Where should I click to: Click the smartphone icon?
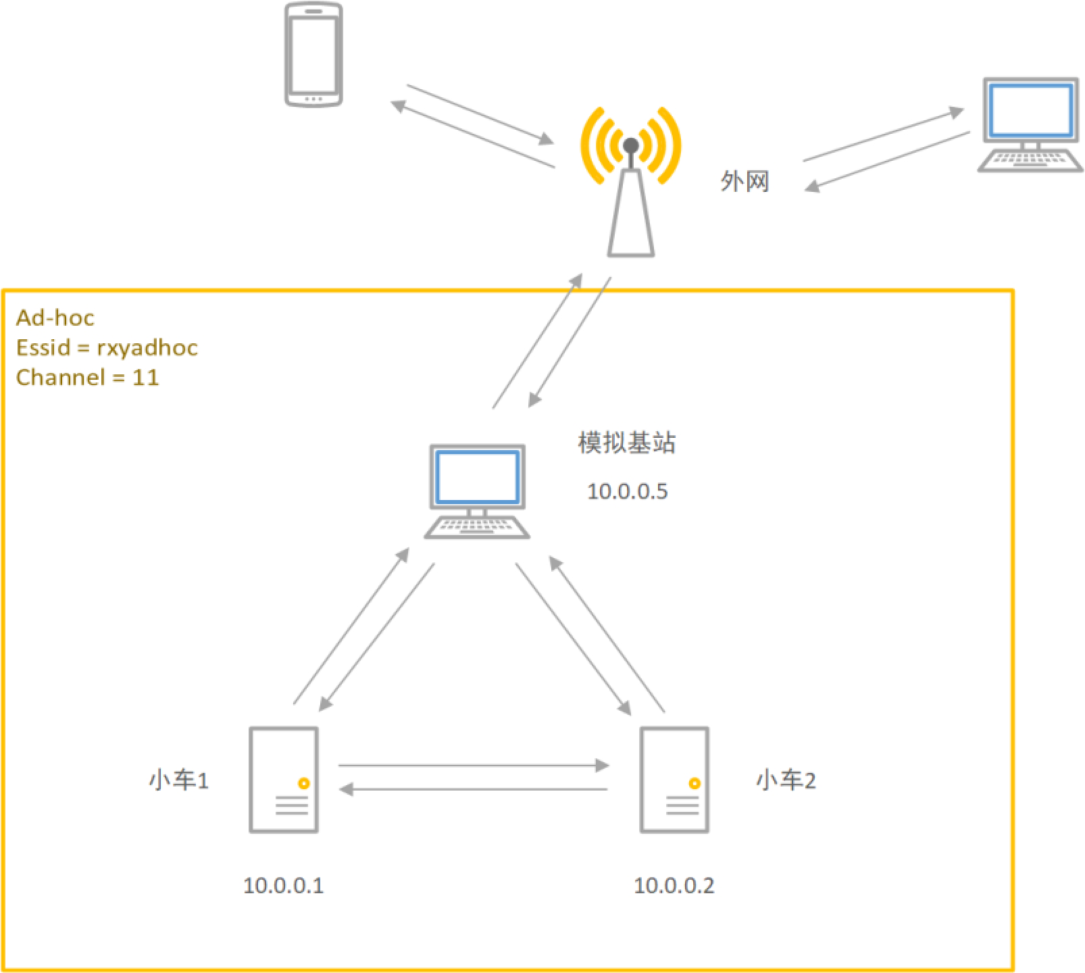(x=313, y=55)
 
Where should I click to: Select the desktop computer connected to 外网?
(x=1030, y=124)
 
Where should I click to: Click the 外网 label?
(x=745, y=182)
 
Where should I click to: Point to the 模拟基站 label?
(x=626, y=443)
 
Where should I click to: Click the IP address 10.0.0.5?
(x=627, y=491)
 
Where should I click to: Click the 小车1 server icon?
(x=283, y=780)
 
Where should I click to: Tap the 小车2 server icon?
(x=674, y=780)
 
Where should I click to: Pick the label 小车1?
(x=178, y=780)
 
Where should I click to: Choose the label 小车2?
(x=786, y=780)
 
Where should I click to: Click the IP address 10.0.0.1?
(x=283, y=885)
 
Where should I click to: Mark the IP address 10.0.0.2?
(x=674, y=885)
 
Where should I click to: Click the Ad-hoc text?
(x=55, y=318)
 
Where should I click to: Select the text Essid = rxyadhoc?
(x=107, y=347)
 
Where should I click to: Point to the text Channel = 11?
(x=87, y=377)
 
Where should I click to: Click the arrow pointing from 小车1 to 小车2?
(x=473, y=766)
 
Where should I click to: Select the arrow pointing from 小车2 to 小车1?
(x=473, y=789)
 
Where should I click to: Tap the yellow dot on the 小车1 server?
(x=304, y=784)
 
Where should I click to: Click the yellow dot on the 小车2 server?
(x=695, y=784)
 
